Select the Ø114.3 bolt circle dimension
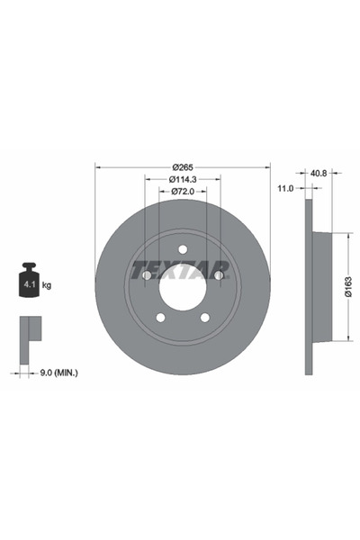183,178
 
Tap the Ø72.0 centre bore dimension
183,191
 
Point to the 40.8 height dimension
318,173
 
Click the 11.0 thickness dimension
286,189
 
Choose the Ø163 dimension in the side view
348,287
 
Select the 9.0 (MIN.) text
55,370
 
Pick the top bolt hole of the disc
183,249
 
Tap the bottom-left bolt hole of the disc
160,318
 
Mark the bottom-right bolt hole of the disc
205,318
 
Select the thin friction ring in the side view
309,287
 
